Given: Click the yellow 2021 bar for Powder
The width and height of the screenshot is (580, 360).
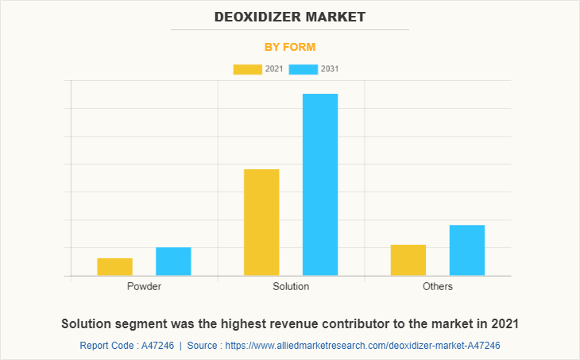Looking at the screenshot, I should click(x=114, y=267).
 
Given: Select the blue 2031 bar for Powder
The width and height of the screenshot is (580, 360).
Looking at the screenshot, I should click(x=173, y=261).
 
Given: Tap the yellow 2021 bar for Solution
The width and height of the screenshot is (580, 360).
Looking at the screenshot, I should click(x=261, y=223).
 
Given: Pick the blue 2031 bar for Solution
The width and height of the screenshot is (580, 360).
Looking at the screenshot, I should click(x=320, y=184).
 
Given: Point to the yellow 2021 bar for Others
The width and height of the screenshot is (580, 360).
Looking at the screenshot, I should click(x=408, y=260).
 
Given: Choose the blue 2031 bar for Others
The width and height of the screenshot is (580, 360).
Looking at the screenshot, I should click(x=467, y=250).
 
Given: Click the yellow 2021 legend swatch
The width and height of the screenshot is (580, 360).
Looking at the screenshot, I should click(x=247, y=69).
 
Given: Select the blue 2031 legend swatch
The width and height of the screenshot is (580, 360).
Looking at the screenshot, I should click(x=304, y=69).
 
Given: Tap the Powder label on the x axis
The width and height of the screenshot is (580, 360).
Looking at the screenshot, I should click(x=144, y=286).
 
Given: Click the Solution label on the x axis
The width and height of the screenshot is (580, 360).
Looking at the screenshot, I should click(x=291, y=286).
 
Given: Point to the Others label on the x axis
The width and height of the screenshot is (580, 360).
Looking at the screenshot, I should click(x=438, y=286).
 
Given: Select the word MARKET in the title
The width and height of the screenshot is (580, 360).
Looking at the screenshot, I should click(x=341, y=16).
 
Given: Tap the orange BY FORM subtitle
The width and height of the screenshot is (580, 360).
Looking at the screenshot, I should click(x=290, y=47).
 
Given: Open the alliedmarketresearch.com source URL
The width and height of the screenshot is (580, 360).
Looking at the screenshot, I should click(x=363, y=346).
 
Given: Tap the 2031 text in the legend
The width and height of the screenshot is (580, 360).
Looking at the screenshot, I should click(x=330, y=69).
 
